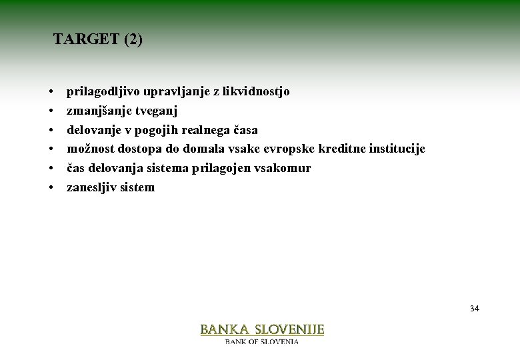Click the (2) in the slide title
tap(133, 39)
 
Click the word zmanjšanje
tap(93, 111)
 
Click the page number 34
tap(474, 309)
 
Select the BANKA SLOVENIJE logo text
tap(262, 329)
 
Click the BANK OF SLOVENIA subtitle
tap(262, 341)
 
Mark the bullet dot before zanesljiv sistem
tap(51, 188)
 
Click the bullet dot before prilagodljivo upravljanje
tap(51, 92)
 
